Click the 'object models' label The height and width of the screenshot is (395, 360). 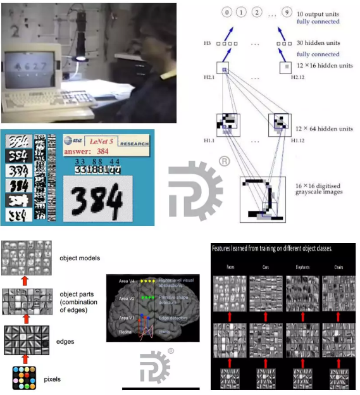point(80,258)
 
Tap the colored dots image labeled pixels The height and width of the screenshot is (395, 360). point(24,378)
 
